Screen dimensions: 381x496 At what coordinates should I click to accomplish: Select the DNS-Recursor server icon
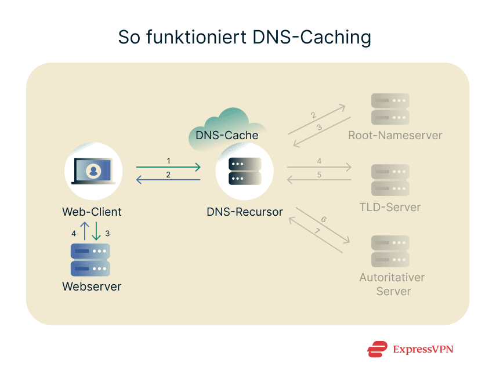[245, 171]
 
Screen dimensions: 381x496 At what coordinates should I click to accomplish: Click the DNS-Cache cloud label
[227, 135]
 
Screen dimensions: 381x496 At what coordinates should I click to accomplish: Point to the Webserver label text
[92, 286]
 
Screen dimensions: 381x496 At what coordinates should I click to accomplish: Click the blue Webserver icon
[90, 260]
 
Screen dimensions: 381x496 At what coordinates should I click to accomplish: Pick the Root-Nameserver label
[395, 136]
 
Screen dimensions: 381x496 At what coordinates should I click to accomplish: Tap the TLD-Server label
[390, 207]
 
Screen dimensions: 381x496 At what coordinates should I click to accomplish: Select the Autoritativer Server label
[392, 284]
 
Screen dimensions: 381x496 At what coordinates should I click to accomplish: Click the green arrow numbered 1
[168, 168]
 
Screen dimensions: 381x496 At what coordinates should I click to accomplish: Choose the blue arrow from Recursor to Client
[168, 180]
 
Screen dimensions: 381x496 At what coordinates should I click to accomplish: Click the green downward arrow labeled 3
[96, 231]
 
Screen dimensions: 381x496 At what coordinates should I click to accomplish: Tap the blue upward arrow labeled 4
[84, 231]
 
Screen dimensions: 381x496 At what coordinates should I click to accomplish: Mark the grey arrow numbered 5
[319, 180]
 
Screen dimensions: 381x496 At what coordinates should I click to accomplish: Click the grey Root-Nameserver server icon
[390, 109]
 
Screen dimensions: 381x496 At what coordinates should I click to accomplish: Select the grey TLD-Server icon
[390, 180]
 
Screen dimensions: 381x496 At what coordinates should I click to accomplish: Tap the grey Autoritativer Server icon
[390, 251]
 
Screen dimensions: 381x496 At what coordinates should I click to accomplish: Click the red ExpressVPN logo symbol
[377, 349]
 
